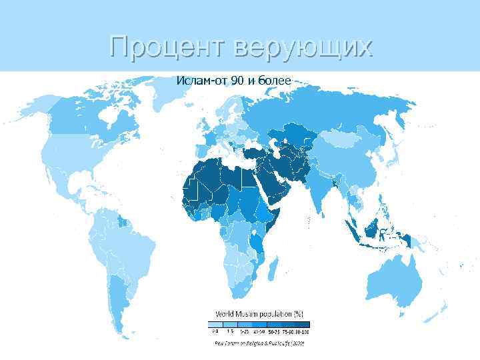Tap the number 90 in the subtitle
pyautogui.click(x=239, y=81)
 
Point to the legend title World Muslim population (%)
pyautogui.click(x=259, y=313)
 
